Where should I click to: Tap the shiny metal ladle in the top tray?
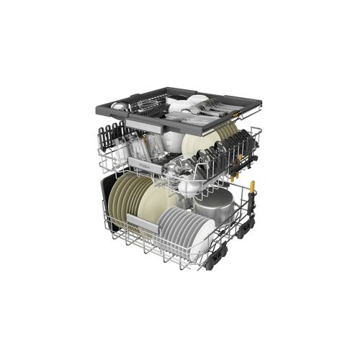pos(122,106)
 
